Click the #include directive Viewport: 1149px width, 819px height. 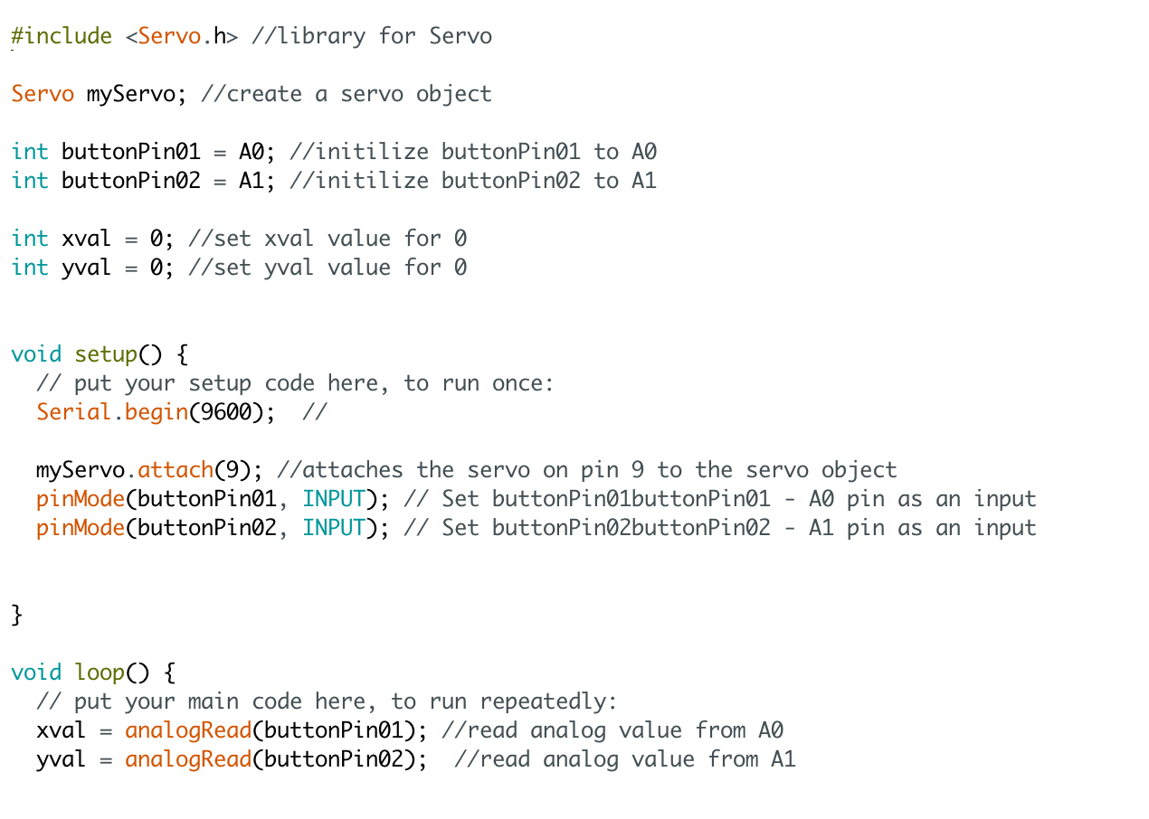click(62, 36)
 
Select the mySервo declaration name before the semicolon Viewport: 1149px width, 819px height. click(130, 94)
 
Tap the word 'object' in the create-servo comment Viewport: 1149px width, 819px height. click(454, 94)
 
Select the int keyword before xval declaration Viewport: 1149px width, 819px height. click(30, 239)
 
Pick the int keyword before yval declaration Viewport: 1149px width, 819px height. click(30, 268)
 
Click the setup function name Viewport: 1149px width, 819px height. click(106, 354)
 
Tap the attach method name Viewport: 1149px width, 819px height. click(176, 470)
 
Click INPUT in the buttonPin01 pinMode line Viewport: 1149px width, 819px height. click(334, 499)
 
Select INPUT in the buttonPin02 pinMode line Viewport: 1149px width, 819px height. click(334, 528)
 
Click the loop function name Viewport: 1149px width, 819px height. click(100, 673)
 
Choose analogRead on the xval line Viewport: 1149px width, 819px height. click(188, 730)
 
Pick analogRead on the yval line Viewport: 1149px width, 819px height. click(188, 759)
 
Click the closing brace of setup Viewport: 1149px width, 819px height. click(16, 615)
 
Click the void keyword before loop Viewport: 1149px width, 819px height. click(36, 673)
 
